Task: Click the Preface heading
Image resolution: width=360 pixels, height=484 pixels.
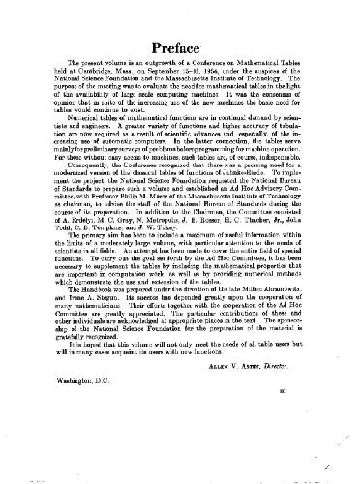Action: click(x=180, y=49)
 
